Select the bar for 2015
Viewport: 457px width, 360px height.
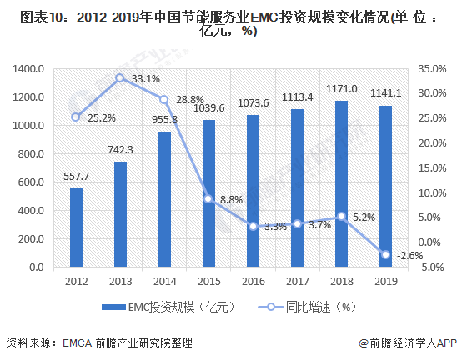208,193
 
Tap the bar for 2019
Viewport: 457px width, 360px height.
385,187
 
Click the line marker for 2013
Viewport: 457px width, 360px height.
120,77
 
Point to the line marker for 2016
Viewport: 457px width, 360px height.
253,226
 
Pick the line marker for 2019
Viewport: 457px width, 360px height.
385,254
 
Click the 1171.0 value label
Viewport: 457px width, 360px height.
342,89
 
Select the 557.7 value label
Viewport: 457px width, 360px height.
76,177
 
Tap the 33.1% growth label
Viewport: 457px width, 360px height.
146,79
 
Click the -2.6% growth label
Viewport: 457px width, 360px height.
409,256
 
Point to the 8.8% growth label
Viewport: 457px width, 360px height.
231,199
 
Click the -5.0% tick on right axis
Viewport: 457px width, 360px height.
431,267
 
